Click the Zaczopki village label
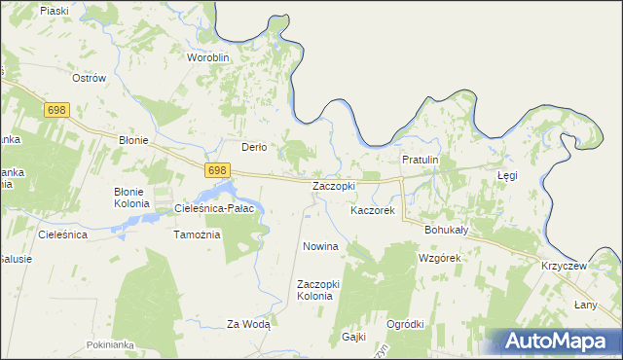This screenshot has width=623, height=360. coord(333,185)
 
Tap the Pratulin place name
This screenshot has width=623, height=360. coord(421,160)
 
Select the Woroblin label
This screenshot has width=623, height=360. coord(207,57)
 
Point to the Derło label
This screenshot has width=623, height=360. coord(254,147)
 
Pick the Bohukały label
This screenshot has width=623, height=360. coord(447,230)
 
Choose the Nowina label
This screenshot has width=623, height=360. coord(320,246)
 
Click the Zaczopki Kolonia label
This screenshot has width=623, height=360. coord(316,289)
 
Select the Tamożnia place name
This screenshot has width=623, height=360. coord(197,234)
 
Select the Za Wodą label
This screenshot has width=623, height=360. coord(247,325)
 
